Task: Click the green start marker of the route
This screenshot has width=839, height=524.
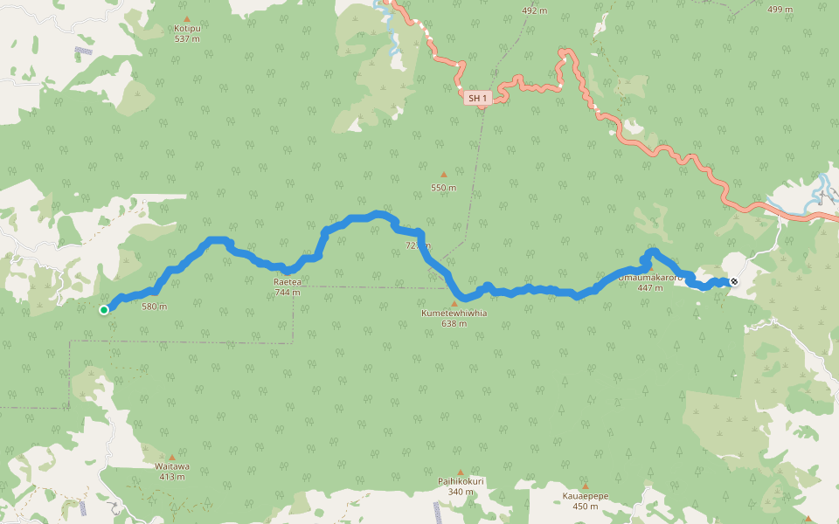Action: point(104,309)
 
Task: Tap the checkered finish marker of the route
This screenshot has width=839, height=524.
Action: point(734,281)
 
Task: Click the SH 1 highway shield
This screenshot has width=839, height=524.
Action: point(476,99)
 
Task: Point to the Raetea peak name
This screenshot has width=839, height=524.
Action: point(288,282)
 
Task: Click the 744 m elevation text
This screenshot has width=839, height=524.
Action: point(288,293)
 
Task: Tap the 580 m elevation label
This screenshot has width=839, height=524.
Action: point(154,306)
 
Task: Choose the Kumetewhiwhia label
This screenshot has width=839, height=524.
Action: point(454,313)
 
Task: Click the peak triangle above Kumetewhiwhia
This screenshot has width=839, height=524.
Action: point(454,303)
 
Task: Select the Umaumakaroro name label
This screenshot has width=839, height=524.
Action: point(650,277)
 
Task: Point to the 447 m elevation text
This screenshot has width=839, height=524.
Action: point(650,287)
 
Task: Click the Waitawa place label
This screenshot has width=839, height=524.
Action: point(172,466)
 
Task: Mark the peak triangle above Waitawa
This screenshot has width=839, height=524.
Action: point(172,457)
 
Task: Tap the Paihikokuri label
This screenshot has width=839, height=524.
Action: point(461,481)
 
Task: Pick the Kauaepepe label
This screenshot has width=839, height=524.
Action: point(585,496)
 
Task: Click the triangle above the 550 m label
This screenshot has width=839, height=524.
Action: point(443,175)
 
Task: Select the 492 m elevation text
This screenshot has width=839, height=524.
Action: point(534,10)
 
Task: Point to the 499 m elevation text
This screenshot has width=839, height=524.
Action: point(780,10)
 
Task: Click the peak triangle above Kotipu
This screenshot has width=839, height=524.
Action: point(187,18)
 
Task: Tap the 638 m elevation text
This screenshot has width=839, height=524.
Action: point(454,323)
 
